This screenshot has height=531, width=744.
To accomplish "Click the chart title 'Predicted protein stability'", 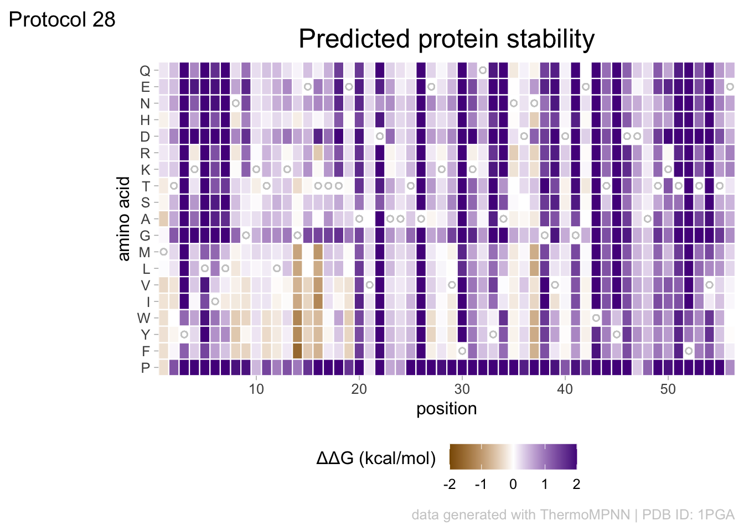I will click(x=446, y=39).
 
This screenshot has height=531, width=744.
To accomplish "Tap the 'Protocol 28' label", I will click(x=62, y=20).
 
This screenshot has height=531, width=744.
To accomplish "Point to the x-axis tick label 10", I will click(x=256, y=389).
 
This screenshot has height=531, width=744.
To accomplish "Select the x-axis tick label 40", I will click(x=565, y=389).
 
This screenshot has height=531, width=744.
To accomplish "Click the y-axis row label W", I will click(x=144, y=319).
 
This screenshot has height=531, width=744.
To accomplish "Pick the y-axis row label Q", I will click(x=144, y=71).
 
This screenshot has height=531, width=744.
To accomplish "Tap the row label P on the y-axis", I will click(x=146, y=368).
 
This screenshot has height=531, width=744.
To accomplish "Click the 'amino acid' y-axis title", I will click(x=124, y=218).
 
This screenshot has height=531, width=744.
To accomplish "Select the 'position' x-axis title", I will click(x=446, y=409).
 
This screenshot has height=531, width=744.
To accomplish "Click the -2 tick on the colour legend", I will click(x=449, y=485).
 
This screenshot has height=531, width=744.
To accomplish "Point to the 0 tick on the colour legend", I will click(x=513, y=485).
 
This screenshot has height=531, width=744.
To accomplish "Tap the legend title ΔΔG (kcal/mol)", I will click(x=376, y=459).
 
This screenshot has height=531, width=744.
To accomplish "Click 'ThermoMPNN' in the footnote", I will click(x=585, y=515).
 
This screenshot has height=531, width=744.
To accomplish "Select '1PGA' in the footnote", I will click(x=716, y=515).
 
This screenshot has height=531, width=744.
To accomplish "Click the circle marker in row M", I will click(x=164, y=252).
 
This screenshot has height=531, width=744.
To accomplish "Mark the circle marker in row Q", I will click(x=483, y=70).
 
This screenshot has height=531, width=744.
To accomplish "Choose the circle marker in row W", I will click(x=596, y=318).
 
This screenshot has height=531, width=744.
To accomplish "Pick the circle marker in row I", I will click(x=215, y=301).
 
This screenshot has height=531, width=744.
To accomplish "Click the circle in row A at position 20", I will click(x=359, y=219).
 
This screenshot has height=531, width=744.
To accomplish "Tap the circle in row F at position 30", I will click(x=462, y=351).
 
